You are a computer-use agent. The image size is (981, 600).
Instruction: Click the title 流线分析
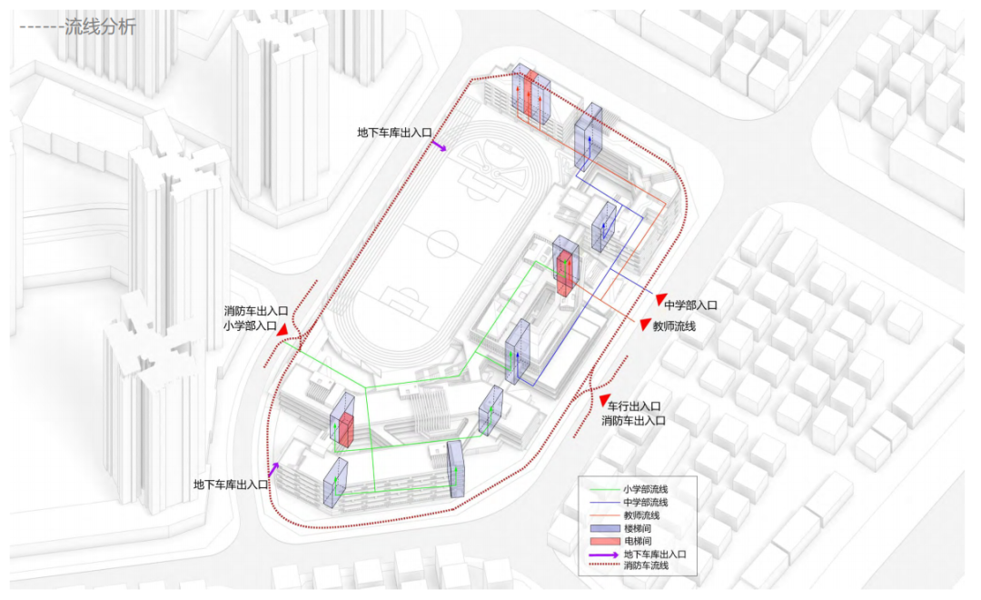(x=100, y=27)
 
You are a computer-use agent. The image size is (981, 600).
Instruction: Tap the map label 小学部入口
(x=250, y=325)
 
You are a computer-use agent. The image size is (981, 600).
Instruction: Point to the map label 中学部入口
(x=690, y=305)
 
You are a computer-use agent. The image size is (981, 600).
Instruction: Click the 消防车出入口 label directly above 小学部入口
(x=256, y=311)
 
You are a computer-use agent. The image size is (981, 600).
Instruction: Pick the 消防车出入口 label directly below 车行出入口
(x=634, y=421)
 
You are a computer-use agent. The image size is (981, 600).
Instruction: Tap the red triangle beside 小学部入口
(x=284, y=329)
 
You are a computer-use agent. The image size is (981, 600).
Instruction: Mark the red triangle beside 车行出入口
(x=604, y=400)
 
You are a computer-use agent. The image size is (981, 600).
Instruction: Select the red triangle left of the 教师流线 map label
(x=644, y=325)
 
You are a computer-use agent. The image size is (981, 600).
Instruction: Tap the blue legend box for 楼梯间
(x=602, y=528)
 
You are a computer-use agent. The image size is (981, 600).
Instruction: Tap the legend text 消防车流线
(x=646, y=566)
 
